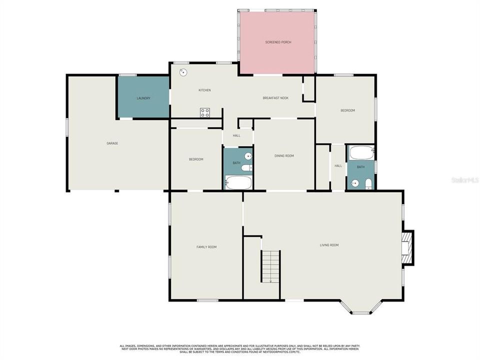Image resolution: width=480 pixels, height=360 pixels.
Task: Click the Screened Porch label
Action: pyautogui.click(x=278, y=42)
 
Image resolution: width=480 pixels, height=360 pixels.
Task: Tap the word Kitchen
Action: pyautogui.click(x=204, y=90)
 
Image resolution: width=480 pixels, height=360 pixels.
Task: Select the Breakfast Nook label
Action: pyautogui.click(x=275, y=98)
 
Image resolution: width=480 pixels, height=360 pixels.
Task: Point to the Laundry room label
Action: pyautogui.click(x=143, y=98)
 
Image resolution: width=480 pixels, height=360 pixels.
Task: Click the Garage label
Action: pyautogui.click(x=112, y=143)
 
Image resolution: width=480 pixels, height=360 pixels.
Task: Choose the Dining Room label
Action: pyautogui.click(x=284, y=156)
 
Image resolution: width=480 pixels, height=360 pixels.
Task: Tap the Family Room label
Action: pyautogui.click(x=206, y=247)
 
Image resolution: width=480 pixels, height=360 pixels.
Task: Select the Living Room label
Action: pyautogui.click(x=329, y=245)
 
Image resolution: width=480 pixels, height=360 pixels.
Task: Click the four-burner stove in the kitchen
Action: pyautogui.click(x=205, y=112)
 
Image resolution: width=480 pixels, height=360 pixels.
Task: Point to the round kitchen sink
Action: pyautogui.click(x=184, y=72)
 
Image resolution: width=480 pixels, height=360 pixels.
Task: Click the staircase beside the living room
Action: pyautogui.click(x=270, y=266)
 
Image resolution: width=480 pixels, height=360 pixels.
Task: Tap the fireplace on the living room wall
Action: pyautogui.click(x=407, y=247)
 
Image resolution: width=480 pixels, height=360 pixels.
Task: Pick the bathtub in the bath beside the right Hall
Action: pyautogui.click(x=361, y=152)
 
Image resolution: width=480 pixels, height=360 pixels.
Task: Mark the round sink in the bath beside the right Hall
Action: pyautogui.click(x=355, y=183)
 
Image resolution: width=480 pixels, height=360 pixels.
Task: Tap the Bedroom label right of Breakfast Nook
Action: pyautogui.click(x=347, y=110)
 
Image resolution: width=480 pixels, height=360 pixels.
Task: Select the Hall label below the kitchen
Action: pyautogui.click(x=236, y=135)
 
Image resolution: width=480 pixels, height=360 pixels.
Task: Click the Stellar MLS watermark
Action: pyautogui.click(x=464, y=179)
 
